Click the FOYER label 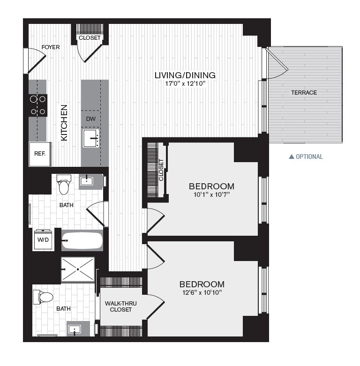(x=50, y=47)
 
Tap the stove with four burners (x=38, y=105)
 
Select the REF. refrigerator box (x=39, y=153)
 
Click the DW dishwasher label (x=90, y=119)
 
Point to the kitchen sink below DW (x=91, y=139)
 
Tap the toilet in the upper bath (x=64, y=185)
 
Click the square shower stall (x=77, y=269)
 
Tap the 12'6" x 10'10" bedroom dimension (x=202, y=293)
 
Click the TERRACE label (x=304, y=92)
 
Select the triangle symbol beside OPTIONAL (x=291, y=157)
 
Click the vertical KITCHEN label (x=64, y=123)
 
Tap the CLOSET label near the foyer (x=89, y=38)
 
